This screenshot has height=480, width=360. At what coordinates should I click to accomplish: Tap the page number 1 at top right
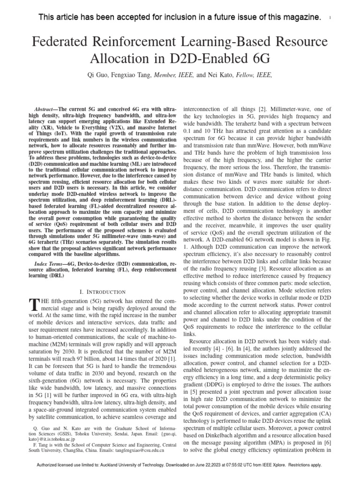click(x=330, y=18)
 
